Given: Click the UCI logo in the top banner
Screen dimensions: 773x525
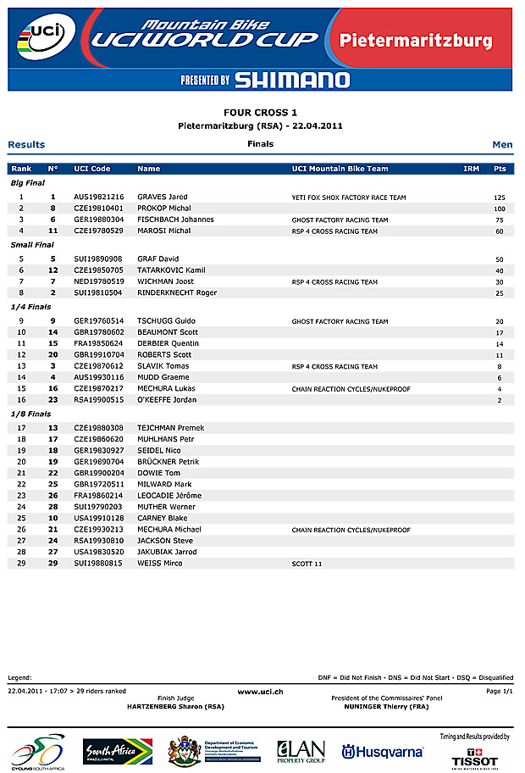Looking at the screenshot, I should (x=43, y=37).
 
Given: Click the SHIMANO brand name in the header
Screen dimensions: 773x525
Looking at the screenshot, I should (x=291, y=81).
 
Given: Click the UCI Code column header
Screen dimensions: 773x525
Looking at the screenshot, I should (x=92, y=169).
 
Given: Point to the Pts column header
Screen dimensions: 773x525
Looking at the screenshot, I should (x=500, y=169).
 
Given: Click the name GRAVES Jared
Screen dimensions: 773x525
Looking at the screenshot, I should (x=163, y=197).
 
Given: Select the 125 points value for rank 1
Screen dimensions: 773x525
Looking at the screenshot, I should (x=500, y=197).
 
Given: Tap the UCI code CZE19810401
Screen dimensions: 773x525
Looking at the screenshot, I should (x=99, y=209).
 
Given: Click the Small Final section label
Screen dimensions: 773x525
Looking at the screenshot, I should (x=32, y=245).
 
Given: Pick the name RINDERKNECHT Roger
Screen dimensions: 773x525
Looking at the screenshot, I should (x=177, y=293).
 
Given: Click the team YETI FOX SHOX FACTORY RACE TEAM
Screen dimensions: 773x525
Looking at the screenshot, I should (x=349, y=197).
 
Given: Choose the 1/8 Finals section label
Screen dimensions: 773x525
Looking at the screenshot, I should (x=30, y=414).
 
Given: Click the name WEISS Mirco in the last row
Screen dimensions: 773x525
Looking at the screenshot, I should (x=159, y=564).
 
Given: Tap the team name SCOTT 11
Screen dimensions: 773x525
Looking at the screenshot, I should (x=307, y=564).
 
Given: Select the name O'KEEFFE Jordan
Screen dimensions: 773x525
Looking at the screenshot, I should (x=167, y=400).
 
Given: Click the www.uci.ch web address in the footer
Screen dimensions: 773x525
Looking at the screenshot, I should (x=260, y=692).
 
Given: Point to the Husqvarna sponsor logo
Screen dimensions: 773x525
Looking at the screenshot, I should (x=382, y=752).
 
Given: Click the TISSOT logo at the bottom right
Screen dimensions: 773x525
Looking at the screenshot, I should (x=474, y=759).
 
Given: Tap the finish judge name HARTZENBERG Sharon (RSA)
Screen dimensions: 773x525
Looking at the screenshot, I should (x=174, y=705).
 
